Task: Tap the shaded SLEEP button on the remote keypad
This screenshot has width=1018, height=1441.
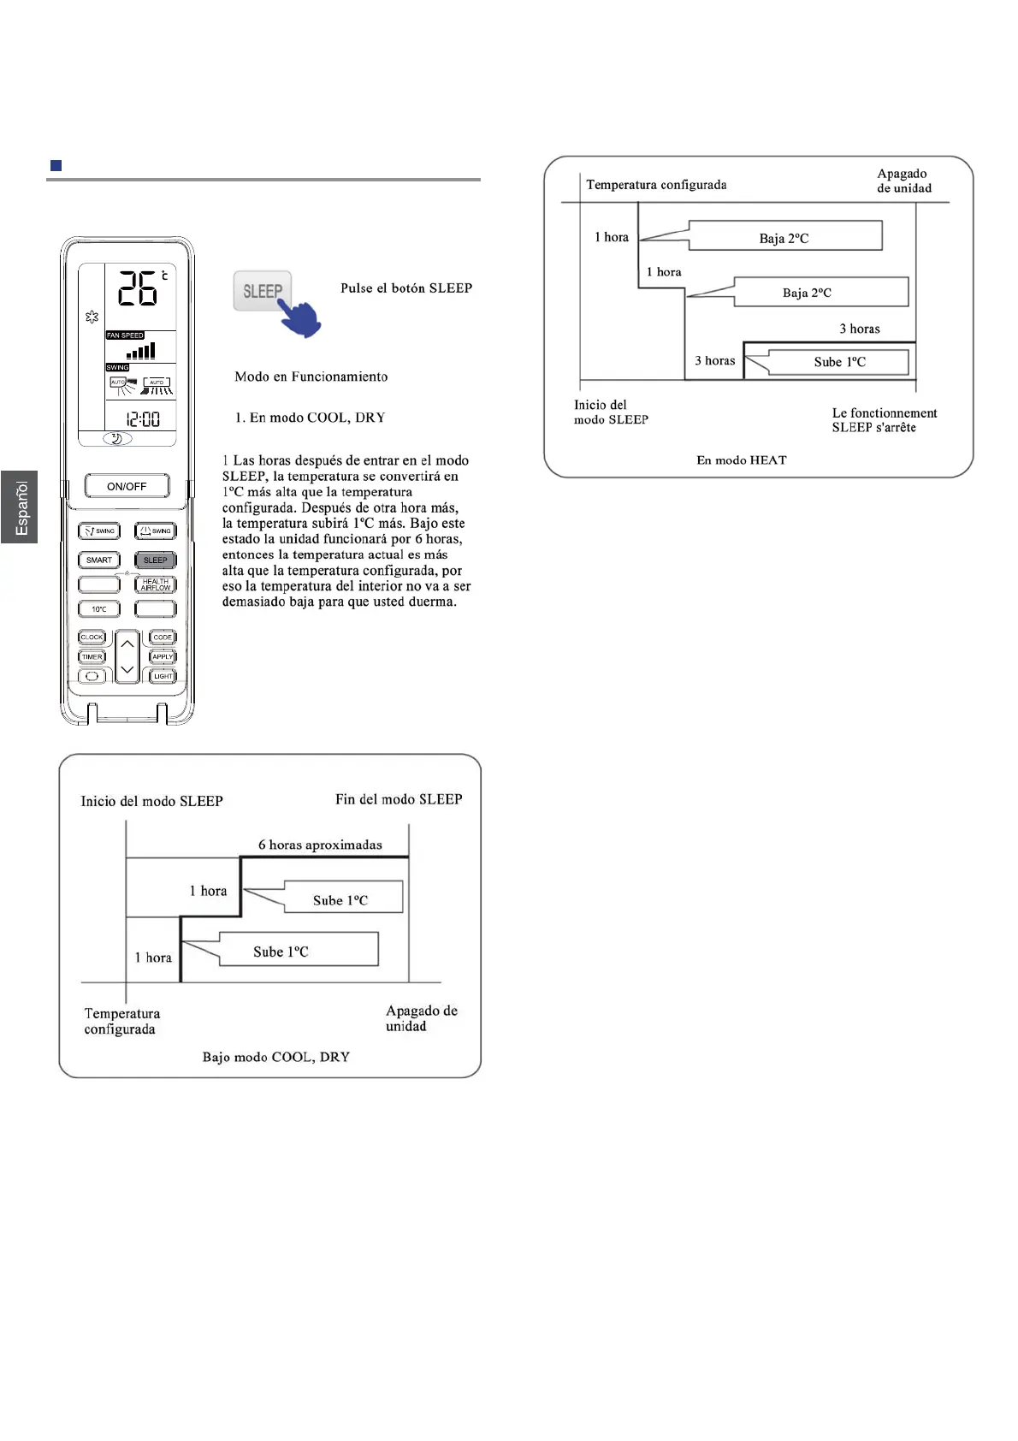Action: pos(155,560)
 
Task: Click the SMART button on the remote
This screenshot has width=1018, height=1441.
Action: pos(99,560)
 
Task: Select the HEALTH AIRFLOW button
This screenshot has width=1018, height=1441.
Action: pos(156,584)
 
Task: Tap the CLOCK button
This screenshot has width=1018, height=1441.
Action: pos(92,637)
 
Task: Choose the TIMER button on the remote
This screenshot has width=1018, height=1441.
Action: pos(92,657)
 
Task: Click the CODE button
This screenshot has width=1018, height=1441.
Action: pos(163,637)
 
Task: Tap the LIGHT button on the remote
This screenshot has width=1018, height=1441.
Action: pos(163,676)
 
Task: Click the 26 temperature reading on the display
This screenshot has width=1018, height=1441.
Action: pos(138,288)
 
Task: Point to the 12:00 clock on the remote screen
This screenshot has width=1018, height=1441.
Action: pos(143,419)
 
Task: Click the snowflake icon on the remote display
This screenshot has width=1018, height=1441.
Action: pos(92,317)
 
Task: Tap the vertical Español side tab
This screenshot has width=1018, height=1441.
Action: pos(20,507)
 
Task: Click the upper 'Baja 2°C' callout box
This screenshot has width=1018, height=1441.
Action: pos(784,236)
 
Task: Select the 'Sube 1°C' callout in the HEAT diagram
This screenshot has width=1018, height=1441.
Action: pos(838,362)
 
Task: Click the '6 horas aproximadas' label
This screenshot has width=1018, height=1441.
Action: pos(320,845)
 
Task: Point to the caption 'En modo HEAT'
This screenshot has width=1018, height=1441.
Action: pos(741,460)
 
